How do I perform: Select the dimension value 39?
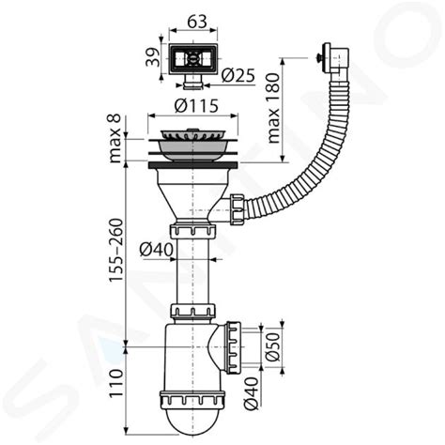click(150, 58)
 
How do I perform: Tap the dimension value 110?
click(115, 383)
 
